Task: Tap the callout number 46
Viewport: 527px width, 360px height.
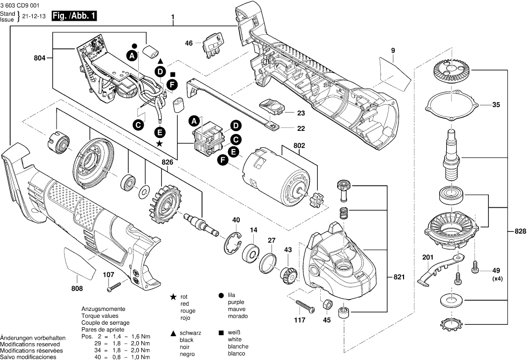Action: point(188,44)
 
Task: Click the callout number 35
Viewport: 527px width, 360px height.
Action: point(496,105)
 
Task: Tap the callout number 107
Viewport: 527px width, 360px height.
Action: point(108,275)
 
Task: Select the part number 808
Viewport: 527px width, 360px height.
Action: point(77,289)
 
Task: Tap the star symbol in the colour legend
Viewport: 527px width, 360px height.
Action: point(173,297)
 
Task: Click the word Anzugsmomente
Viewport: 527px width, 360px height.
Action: point(100,308)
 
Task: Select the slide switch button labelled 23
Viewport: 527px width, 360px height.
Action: point(271,106)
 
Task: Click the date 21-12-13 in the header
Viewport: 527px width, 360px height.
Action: point(32,16)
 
